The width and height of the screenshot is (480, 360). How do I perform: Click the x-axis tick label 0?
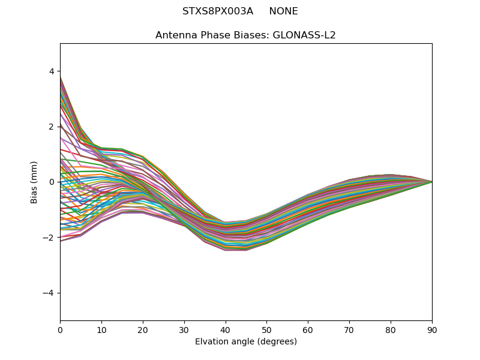(x=60, y=329)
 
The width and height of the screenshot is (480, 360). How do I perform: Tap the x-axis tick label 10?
(x=101, y=329)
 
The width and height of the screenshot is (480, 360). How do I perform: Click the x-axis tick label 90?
(x=432, y=329)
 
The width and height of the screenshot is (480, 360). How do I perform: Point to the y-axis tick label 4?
(x=51, y=71)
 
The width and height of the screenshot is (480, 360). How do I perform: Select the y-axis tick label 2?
(x=51, y=127)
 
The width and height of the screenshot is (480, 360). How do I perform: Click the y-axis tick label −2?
(x=49, y=238)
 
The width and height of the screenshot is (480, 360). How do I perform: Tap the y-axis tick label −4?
(x=49, y=293)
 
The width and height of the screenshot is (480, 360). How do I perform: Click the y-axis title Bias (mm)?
(x=34, y=182)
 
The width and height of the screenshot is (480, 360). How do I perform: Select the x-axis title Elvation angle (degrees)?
(x=246, y=341)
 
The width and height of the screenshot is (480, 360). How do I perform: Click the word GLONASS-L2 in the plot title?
(x=304, y=35)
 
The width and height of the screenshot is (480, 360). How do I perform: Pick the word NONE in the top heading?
(x=283, y=11)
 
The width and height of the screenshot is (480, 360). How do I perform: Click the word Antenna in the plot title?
(x=175, y=35)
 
